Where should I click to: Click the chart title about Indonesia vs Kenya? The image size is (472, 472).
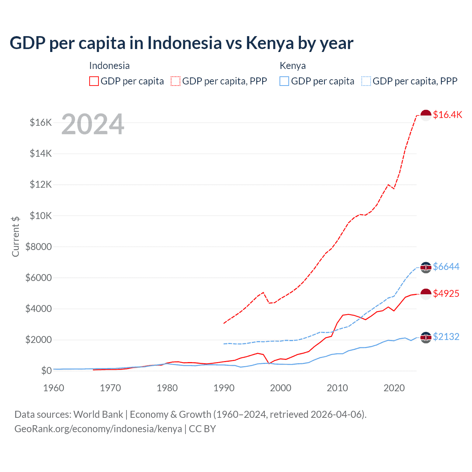[x=181, y=43]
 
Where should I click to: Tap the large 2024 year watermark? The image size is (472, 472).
[x=93, y=124]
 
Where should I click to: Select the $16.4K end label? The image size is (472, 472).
[x=447, y=115]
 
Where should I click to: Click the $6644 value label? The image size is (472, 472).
[x=446, y=267]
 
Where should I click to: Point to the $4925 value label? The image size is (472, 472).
[x=446, y=294]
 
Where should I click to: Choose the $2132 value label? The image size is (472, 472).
[x=446, y=337]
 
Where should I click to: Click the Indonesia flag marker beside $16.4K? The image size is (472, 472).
[x=426, y=115]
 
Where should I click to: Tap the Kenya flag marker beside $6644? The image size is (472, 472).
[x=426, y=267]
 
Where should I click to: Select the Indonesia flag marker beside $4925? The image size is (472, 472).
[x=426, y=294]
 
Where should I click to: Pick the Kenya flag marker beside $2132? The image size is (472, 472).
[x=426, y=337]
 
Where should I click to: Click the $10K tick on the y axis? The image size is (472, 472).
[x=41, y=216]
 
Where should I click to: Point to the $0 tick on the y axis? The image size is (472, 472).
[x=46, y=371]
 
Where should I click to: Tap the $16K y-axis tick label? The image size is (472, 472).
[x=41, y=123]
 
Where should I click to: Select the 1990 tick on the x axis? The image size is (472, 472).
[x=224, y=388]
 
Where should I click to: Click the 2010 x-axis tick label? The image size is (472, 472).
[x=337, y=388]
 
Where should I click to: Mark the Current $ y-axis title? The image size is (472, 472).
[x=15, y=236]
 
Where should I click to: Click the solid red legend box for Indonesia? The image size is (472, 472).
[x=94, y=81]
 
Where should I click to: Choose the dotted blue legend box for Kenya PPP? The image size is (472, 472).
[x=366, y=81]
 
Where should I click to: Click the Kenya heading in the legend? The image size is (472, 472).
[x=292, y=66]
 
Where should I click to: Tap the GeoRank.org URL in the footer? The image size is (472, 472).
[x=98, y=429]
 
